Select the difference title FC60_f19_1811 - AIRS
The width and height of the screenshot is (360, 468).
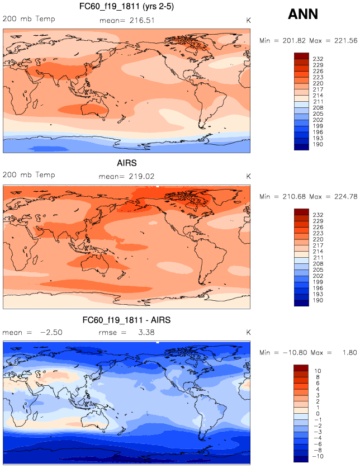tap(126, 320)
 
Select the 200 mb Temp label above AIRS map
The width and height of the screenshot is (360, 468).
tap(26, 175)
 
